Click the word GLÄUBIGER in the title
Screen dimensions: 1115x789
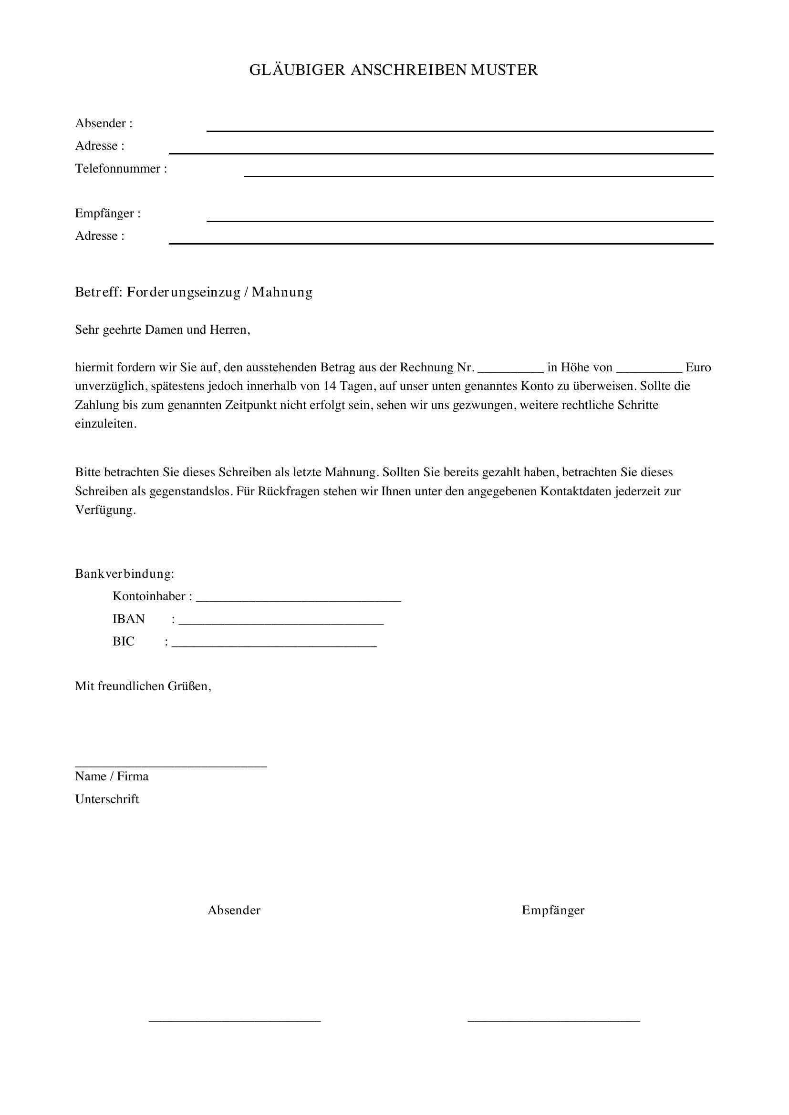pos(297,70)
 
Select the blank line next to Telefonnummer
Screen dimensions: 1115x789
pos(478,175)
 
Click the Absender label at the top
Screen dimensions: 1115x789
pos(104,123)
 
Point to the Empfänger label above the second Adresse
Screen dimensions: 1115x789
pos(108,213)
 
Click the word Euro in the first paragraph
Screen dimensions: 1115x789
pos(698,367)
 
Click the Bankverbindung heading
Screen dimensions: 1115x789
pos(125,573)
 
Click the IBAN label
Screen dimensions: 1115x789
pos(129,619)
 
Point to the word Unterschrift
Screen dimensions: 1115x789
pos(107,799)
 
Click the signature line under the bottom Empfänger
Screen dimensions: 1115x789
pos(553,1022)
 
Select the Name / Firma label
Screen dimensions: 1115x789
pos(112,776)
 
